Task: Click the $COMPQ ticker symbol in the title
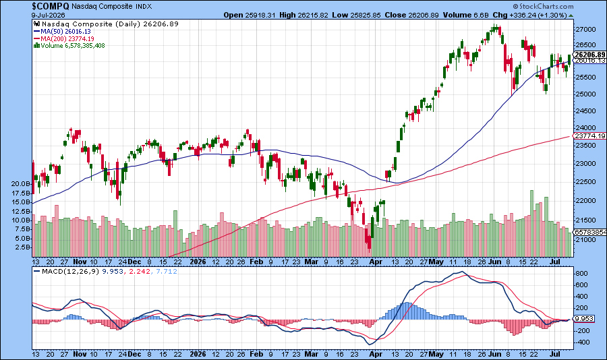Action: tap(51, 6)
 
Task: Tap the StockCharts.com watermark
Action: tap(544, 6)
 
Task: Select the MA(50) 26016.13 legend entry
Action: tap(62, 32)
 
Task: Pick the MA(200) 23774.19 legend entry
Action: tap(64, 38)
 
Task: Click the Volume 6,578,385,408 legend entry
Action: tap(69, 45)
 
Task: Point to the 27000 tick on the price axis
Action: tap(585, 30)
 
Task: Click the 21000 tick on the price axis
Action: tap(585, 240)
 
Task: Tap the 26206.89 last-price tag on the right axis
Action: tap(590, 55)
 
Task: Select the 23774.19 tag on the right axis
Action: tap(590, 136)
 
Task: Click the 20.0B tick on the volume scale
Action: tap(21, 183)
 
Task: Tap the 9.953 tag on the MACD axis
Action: tap(585, 319)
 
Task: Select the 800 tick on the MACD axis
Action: tap(583, 273)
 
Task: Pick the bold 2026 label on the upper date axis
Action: tap(198, 262)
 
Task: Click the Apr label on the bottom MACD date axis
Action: tap(376, 354)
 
